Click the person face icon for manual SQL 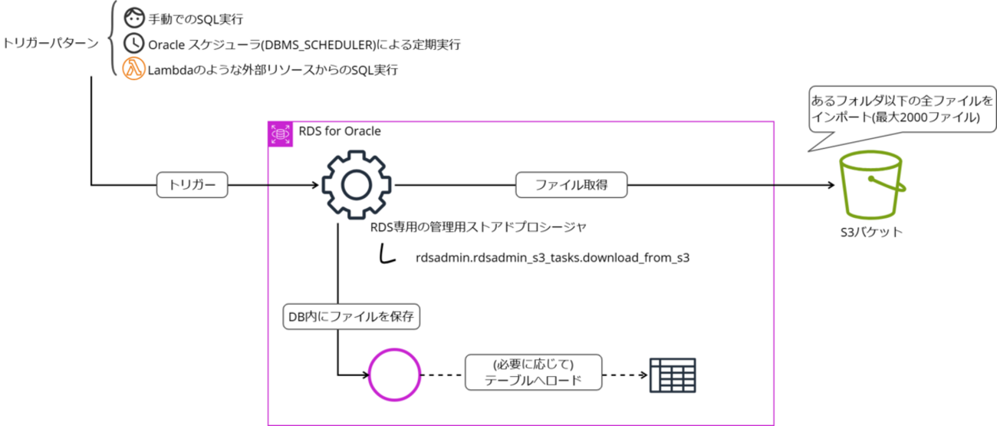coord(133,16)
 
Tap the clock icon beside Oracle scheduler coord(133,43)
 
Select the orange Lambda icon coord(133,69)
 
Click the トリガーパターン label coord(51,43)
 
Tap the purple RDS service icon coord(279,134)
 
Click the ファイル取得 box coord(571,185)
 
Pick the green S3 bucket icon coord(873,185)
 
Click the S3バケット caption coord(871,232)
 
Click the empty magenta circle coord(394,375)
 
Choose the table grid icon coord(673,375)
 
